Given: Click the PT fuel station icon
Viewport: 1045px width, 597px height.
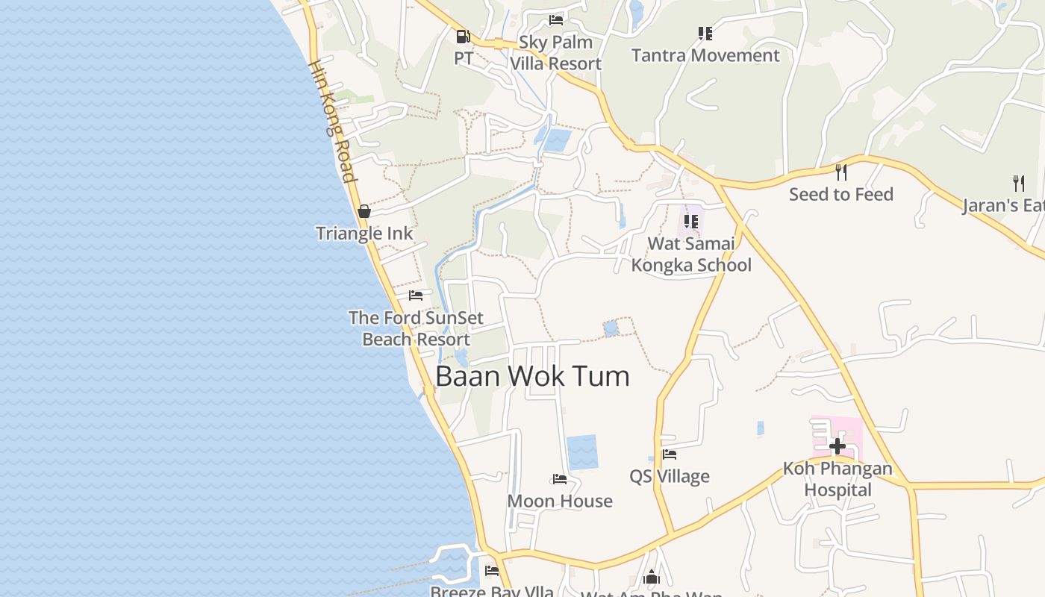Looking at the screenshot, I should [x=463, y=35].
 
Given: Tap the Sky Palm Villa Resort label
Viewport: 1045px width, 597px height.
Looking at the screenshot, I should [x=555, y=53].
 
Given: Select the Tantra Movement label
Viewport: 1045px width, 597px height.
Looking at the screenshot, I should [x=705, y=55].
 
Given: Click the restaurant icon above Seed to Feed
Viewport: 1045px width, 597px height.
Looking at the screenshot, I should [x=841, y=172].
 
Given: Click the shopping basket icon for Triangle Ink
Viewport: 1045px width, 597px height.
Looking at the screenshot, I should [x=364, y=211].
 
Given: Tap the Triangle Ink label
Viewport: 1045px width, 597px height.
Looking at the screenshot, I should [x=364, y=234].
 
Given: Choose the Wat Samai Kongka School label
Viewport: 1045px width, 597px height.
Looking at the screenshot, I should [x=691, y=254].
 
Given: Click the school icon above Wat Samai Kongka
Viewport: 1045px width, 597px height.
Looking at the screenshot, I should [x=691, y=221].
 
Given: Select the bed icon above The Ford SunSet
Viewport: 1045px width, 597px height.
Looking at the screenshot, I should [x=416, y=296].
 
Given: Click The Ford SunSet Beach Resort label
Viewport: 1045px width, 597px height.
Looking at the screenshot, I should [x=416, y=328].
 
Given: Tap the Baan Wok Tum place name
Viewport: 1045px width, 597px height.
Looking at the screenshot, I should [x=532, y=376].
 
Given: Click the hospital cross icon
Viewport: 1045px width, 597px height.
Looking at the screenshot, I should [x=837, y=446].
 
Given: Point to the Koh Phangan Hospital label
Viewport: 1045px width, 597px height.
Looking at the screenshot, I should [x=837, y=479].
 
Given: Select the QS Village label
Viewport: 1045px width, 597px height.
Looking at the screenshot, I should [x=670, y=476].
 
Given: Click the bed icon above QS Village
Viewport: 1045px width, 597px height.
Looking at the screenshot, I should [x=670, y=454].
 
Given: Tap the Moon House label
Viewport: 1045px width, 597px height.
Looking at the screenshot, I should [x=560, y=501].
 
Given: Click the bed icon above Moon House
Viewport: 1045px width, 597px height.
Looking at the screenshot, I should [x=560, y=478].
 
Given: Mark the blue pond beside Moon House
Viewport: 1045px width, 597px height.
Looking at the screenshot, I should [x=582, y=452].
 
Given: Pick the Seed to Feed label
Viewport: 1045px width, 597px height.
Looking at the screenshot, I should [x=841, y=195].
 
